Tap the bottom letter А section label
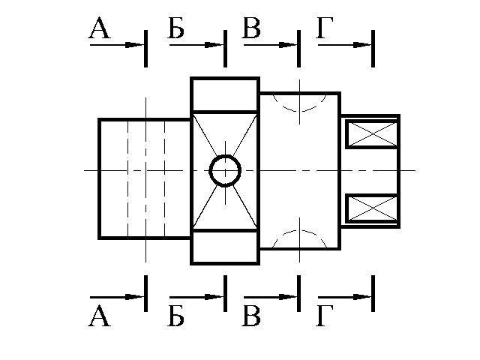point(99,318)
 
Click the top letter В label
point(251,28)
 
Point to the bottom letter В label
point(251,318)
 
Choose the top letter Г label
point(325,28)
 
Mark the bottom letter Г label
point(325,318)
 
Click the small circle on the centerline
point(225,171)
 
